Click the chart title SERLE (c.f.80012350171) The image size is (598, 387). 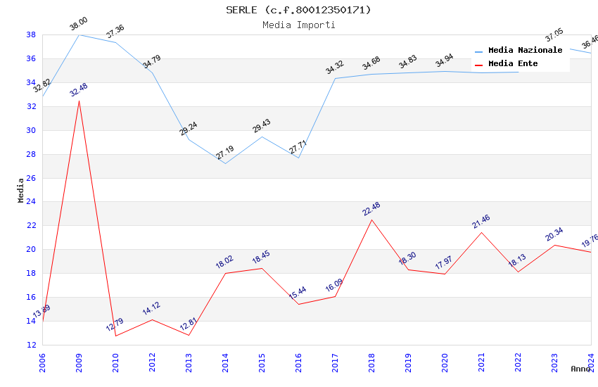coord(298,10)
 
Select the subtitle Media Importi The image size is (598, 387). coord(298,25)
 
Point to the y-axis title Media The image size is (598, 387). coord(21,190)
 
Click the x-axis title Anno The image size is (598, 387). coord(580,369)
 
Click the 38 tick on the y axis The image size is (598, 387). coord(31,34)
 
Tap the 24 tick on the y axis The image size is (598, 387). coord(31,202)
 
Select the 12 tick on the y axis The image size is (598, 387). coord(31,345)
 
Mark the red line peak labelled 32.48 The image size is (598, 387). coord(79,101)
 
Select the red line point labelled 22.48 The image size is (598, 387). coord(371,220)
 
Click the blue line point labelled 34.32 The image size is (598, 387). coord(335,78)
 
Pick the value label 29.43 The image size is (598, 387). coord(261,126)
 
